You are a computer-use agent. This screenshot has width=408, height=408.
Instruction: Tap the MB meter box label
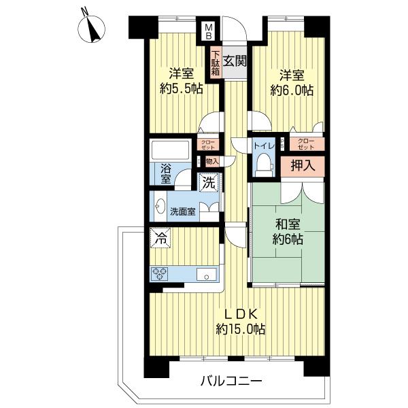(x=209, y=31)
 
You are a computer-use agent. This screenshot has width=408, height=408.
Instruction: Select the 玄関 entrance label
(x=235, y=62)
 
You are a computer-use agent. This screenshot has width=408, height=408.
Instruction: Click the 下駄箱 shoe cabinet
(x=216, y=63)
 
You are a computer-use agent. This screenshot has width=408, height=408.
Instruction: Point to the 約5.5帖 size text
(x=182, y=89)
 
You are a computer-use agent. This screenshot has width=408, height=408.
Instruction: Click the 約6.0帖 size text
(x=292, y=90)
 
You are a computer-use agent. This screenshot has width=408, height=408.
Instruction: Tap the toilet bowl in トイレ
(x=264, y=165)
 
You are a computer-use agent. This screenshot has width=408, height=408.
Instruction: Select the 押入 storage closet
(x=303, y=166)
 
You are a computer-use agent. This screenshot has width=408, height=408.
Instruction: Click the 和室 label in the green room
(x=288, y=224)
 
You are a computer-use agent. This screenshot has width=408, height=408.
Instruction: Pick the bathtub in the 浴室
(x=171, y=150)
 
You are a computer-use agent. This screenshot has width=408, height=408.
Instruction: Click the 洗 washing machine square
(x=209, y=183)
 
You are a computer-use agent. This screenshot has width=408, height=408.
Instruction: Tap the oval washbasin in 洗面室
(x=160, y=206)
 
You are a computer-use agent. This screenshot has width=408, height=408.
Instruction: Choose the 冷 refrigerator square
(x=161, y=237)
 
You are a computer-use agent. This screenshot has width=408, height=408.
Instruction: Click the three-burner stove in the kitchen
(x=159, y=274)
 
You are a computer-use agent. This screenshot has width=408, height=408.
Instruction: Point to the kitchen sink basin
(x=207, y=274)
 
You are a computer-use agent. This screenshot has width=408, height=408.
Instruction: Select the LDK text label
(x=241, y=314)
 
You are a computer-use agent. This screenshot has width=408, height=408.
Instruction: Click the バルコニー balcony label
(x=231, y=382)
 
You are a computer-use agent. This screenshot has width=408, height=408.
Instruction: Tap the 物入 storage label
(x=212, y=162)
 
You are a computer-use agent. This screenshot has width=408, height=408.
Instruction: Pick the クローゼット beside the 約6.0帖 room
(x=307, y=144)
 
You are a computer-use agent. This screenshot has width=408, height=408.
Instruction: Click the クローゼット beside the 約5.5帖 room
(x=208, y=145)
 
